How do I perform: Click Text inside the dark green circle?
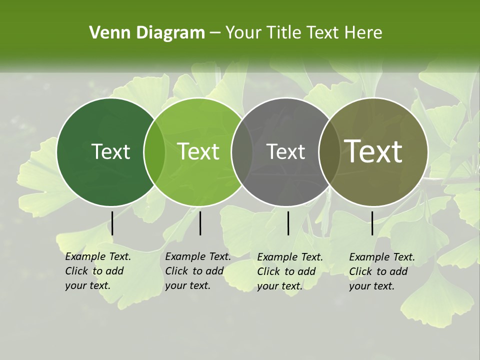(110, 151)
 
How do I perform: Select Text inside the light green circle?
(198, 151)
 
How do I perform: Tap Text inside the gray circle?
(285, 151)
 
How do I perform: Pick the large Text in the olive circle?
(373, 151)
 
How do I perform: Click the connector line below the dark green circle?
(112, 223)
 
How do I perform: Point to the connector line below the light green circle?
(200, 223)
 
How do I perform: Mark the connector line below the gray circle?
(288, 223)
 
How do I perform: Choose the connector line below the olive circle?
(372, 223)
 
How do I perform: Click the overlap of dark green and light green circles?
(154, 152)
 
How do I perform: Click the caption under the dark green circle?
(98, 271)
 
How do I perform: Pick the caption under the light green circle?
(198, 271)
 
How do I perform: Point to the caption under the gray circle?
(290, 271)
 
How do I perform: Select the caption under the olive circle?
(382, 271)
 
